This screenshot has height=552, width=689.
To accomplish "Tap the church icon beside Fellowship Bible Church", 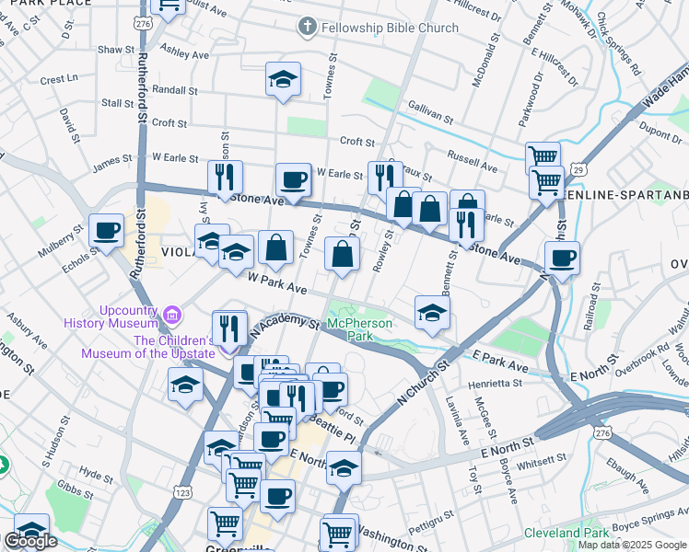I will (x=308, y=28).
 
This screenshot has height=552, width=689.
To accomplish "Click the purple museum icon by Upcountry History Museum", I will (x=170, y=315).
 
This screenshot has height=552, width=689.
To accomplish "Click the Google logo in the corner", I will (x=30, y=541).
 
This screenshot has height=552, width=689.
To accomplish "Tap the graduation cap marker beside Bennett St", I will (x=432, y=312).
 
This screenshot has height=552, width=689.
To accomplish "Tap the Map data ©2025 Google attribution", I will (x=630, y=545).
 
